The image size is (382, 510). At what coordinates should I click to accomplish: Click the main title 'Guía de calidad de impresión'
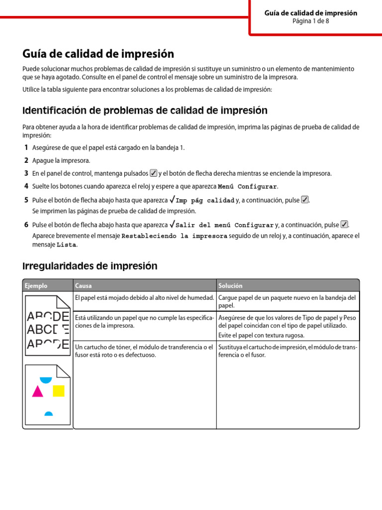point(98,54)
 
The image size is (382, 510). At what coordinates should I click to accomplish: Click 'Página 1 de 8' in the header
point(310,21)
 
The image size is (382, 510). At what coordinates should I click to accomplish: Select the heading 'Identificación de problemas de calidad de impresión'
point(145,111)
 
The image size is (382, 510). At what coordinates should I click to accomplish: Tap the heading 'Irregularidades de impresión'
point(90,266)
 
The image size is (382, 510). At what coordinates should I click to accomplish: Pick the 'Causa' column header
point(83,286)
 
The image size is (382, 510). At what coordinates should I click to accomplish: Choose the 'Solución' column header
point(230,286)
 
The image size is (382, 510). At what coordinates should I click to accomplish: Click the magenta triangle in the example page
point(37,391)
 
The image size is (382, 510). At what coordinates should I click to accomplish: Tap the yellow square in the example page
point(59,390)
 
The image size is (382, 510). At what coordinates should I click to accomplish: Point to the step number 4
point(26,186)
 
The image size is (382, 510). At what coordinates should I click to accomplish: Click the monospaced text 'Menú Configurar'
point(247,187)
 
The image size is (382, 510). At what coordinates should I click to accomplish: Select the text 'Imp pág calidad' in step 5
point(205,201)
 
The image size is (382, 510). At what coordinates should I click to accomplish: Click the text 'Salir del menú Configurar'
point(225,225)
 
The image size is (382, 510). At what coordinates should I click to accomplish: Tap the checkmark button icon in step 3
point(153,173)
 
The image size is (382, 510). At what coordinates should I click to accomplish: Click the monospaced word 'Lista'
point(67,245)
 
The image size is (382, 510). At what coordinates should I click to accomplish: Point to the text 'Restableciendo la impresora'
point(174,236)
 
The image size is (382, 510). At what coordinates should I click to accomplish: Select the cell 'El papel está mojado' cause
point(144,298)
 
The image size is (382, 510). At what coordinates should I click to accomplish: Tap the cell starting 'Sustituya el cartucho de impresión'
point(287,351)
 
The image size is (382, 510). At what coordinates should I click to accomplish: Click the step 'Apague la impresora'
point(61,160)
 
